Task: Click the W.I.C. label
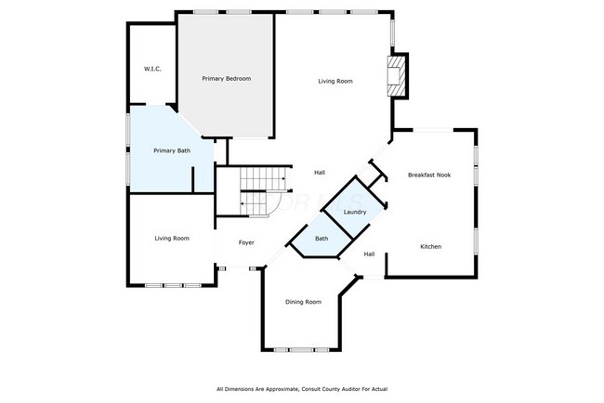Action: pyautogui.click(x=153, y=70)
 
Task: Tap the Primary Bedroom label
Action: pyautogui.click(x=227, y=79)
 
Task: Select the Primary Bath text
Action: pyautogui.click(x=172, y=150)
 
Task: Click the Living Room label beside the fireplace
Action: pyautogui.click(x=335, y=82)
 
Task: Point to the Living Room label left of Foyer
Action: pyautogui.click(x=172, y=239)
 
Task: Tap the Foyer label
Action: pyautogui.click(x=246, y=242)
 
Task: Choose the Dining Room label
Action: pyautogui.click(x=303, y=302)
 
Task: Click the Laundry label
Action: pyautogui.click(x=355, y=213)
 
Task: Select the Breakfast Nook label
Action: pyautogui.click(x=429, y=175)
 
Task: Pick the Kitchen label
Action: pyautogui.click(x=430, y=246)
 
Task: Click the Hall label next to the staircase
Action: pyautogui.click(x=319, y=173)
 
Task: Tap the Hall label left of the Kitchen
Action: pyautogui.click(x=369, y=254)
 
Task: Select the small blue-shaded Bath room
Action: pyautogui.click(x=321, y=240)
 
